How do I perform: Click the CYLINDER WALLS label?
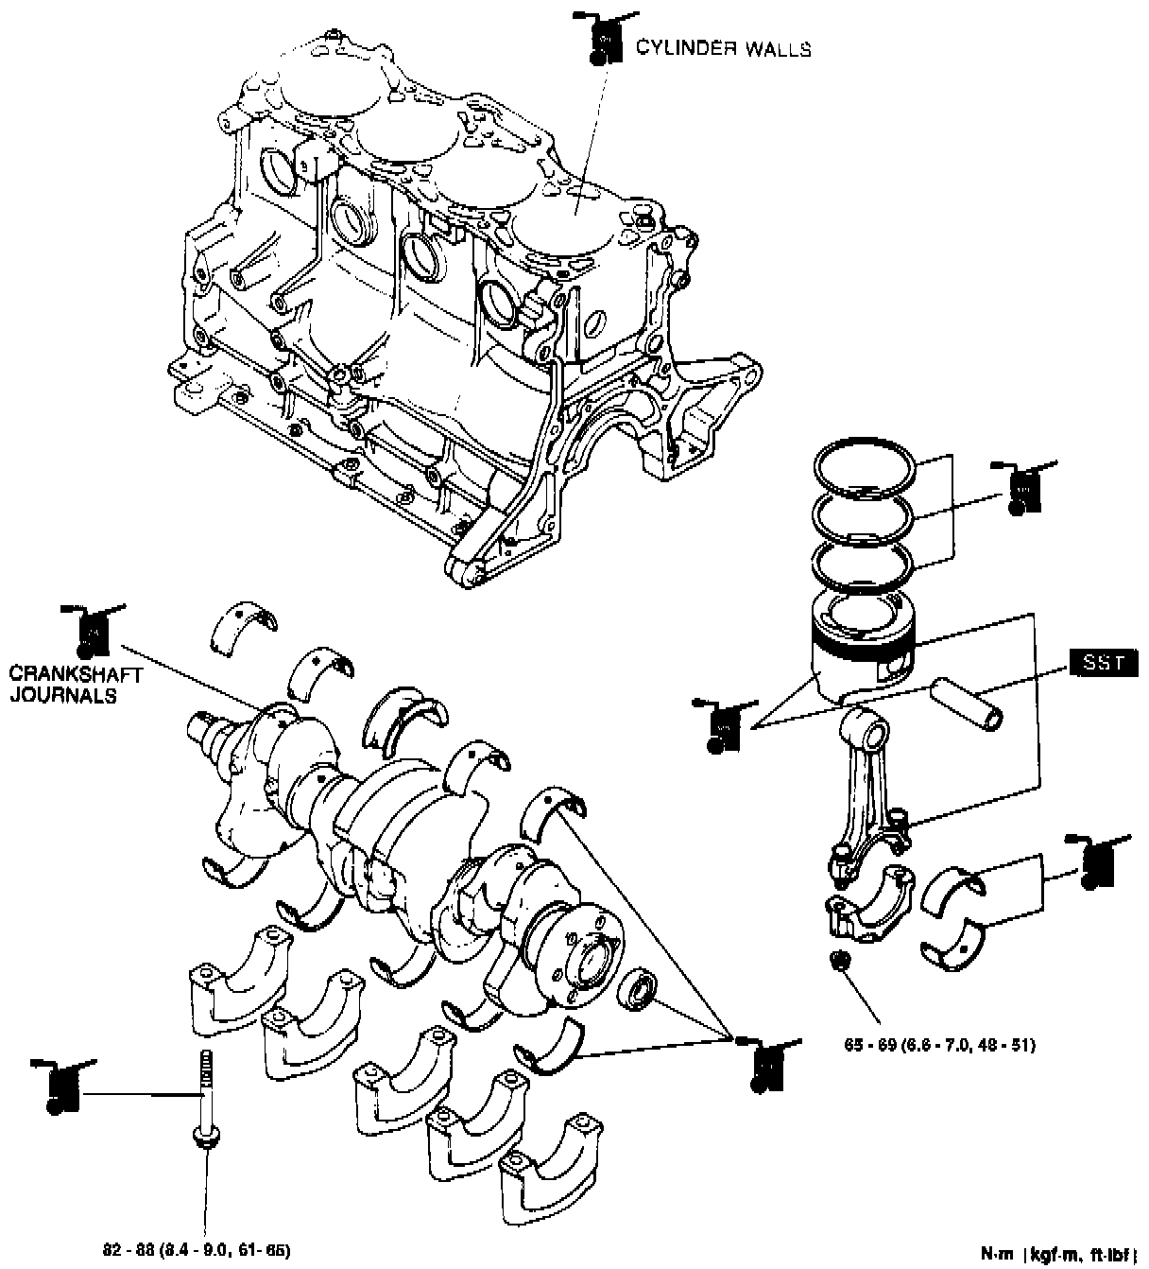pos(723,48)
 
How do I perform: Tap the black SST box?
pos(1104,662)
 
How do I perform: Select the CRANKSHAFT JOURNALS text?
pos(76,685)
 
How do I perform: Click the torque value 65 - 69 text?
pos(940,1046)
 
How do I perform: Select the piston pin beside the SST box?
pos(968,704)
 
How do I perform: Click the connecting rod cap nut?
pos(839,962)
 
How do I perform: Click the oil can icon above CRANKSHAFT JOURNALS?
pos(92,629)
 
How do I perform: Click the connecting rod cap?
pos(867,908)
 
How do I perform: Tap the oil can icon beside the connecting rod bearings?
pos(1096,862)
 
